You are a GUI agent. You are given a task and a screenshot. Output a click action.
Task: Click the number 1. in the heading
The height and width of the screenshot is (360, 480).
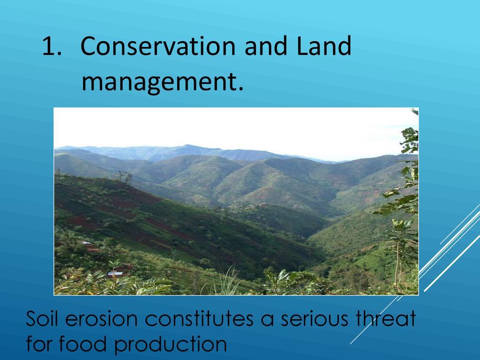click(x=52, y=46)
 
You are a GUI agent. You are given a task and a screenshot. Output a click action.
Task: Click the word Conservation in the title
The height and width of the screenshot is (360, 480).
click(x=158, y=46)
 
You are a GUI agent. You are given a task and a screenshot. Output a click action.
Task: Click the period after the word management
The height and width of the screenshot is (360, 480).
click(x=240, y=89)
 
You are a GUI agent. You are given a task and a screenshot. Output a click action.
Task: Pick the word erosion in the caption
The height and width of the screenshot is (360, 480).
click(x=101, y=319)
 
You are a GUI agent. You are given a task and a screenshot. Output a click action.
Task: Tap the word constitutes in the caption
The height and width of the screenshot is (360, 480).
click(x=199, y=318)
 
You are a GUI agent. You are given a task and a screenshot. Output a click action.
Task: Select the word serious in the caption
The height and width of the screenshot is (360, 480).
click(x=314, y=319)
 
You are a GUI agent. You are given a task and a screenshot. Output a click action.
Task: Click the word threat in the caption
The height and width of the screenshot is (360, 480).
click(x=386, y=318)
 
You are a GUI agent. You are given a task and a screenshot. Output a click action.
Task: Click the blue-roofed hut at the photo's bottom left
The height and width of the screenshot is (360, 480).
click(x=115, y=274)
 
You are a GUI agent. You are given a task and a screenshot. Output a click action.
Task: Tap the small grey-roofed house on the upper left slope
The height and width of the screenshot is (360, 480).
click(x=87, y=243)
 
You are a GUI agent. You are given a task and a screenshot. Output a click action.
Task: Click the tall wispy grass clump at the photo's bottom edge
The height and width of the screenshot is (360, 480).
click(x=227, y=282)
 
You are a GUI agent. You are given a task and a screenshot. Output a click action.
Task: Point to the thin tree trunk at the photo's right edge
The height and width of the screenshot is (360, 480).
click(x=397, y=263)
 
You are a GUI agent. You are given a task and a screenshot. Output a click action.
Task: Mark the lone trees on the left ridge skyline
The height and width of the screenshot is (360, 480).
click(x=125, y=176)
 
